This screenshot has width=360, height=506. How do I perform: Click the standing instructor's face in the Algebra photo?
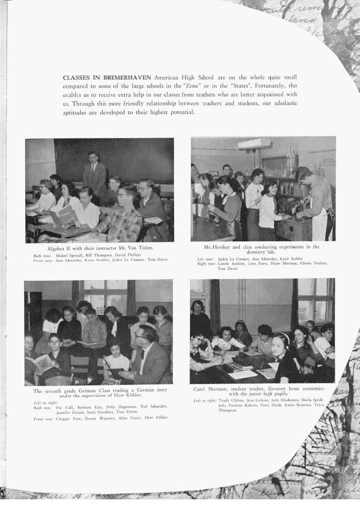tap(93, 156)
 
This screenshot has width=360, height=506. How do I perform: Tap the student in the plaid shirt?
tap(123, 214)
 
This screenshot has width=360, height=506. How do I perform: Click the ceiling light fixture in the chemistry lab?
tap(254, 144)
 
